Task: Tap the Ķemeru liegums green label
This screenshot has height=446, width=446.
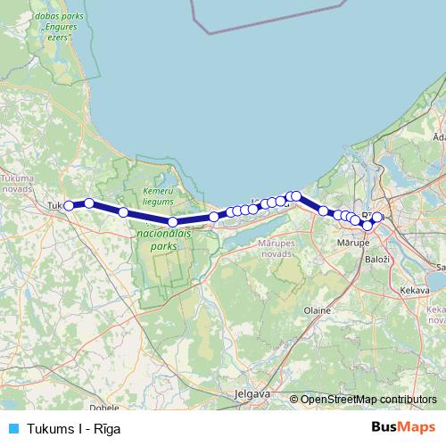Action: (158, 198)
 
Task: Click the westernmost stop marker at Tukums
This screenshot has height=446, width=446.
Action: (69, 205)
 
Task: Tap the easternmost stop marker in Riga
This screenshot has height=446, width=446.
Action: (377, 217)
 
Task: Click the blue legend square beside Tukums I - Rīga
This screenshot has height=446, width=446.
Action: (12, 428)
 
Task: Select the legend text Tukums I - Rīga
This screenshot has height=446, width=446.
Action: (74, 428)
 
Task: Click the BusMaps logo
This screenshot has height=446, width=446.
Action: (407, 427)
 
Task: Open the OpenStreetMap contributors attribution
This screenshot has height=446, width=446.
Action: (368, 400)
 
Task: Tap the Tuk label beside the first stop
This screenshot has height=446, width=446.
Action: (54, 206)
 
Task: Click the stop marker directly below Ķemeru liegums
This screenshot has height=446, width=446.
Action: (173, 221)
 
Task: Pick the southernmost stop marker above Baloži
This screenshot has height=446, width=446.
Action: (367, 225)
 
